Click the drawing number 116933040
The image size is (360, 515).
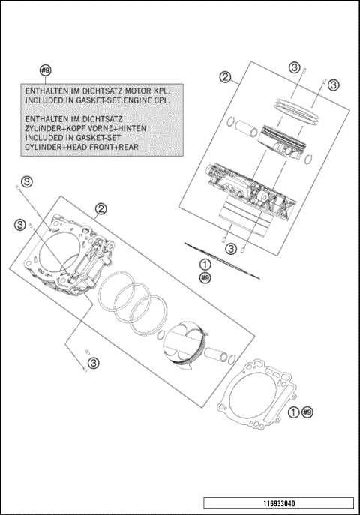pyautogui.click(x=277, y=503)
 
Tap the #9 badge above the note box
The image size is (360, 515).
pyautogui.click(x=45, y=70)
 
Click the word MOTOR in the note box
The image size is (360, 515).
pyautogui.click(x=136, y=88)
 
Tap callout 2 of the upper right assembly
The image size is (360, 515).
pyautogui.click(x=224, y=76)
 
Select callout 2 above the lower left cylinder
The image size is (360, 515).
pyautogui.click(x=100, y=209)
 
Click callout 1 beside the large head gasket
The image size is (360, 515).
pyautogui.click(x=294, y=412)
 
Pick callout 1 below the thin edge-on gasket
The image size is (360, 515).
pyautogui.click(x=205, y=265)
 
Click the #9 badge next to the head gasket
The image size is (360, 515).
pyautogui.click(x=307, y=412)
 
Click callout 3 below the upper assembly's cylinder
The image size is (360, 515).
pyautogui.click(x=232, y=248)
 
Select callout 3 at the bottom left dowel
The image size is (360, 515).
pyautogui.click(x=92, y=363)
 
